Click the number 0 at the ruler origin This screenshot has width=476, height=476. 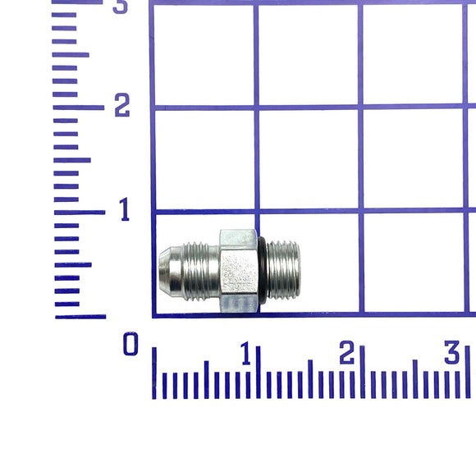pyautogui.click(x=130, y=343)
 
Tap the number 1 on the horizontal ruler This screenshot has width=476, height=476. pyautogui.click(x=246, y=353)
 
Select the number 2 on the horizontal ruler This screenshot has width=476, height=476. pyautogui.click(x=346, y=352)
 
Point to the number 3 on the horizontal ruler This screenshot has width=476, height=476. pyautogui.click(x=451, y=352)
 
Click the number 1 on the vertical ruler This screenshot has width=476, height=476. pyautogui.click(x=125, y=209)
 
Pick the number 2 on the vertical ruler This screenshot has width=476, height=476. pyautogui.click(x=122, y=105)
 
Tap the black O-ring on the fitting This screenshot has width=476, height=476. pyautogui.click(x=263, y=274)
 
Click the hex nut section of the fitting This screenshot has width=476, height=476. pyautogui.click(x=239, y=271)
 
